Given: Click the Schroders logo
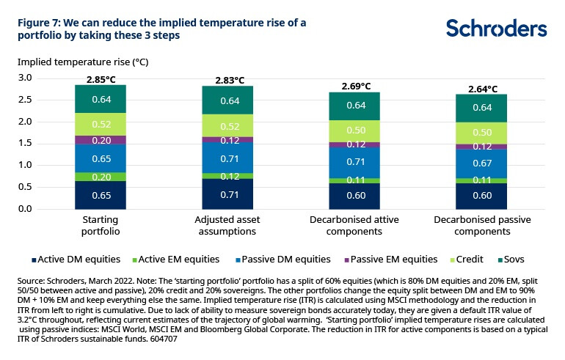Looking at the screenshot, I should (496, 29).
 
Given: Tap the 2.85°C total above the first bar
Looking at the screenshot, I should (101, 78).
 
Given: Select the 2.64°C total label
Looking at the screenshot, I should (481, 88).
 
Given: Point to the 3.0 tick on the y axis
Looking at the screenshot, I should (25, 78).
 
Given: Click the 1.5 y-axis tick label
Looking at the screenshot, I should (25, 143).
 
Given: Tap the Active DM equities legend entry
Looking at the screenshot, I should (70, 259).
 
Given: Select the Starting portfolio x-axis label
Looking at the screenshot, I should (101, 225).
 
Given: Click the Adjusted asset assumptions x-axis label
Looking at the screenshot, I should (228, 225).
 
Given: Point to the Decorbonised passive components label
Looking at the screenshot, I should (481, 225).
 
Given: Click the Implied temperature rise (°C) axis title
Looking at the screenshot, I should (72, 62).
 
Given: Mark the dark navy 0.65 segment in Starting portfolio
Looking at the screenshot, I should (101, 195).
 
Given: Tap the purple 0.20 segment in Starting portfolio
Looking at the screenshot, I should (101, 140).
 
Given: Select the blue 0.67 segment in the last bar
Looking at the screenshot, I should (481, 164).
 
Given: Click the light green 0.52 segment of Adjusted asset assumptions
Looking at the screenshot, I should (228, 125).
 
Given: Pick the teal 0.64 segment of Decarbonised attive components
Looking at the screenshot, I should (355, 106).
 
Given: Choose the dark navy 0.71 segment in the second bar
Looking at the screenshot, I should (228, 194).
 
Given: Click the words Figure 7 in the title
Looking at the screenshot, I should (40, 23).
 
